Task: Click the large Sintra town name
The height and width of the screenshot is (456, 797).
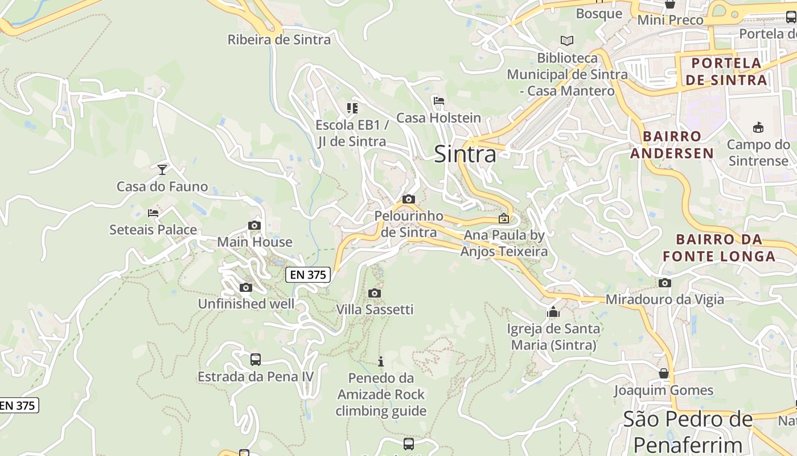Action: (465, 154)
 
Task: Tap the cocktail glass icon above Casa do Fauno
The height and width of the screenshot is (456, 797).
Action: (162, 169)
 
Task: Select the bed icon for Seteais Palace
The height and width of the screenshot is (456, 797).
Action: (153, 213)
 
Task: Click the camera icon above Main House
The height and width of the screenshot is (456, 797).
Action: (254, 226)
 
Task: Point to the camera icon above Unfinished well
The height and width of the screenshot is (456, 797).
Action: (246, 287)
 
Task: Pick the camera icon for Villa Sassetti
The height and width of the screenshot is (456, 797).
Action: (375, 293)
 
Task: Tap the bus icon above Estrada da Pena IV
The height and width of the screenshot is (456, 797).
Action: (256, 360)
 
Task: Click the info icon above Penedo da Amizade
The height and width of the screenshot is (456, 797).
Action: (381, 361)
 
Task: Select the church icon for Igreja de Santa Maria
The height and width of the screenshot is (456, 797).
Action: (553, 312)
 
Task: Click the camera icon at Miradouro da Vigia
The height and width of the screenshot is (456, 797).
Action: (664, 283)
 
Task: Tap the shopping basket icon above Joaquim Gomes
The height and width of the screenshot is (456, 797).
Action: (664, 373)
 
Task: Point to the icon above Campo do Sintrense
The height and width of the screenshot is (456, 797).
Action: (758, 127)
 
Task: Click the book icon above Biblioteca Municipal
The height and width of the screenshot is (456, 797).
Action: (567, 40)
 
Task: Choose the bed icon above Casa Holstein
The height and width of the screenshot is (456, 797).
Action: (438, 101)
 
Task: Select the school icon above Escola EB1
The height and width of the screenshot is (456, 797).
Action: (352, 108)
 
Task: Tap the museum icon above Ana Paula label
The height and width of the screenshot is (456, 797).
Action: (504, 218)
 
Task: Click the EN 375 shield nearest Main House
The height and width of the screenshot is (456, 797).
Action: (307, 275)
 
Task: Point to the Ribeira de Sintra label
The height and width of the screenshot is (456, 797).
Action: (279, 39)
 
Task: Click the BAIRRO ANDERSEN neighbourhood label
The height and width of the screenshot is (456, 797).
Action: (672, 145)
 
